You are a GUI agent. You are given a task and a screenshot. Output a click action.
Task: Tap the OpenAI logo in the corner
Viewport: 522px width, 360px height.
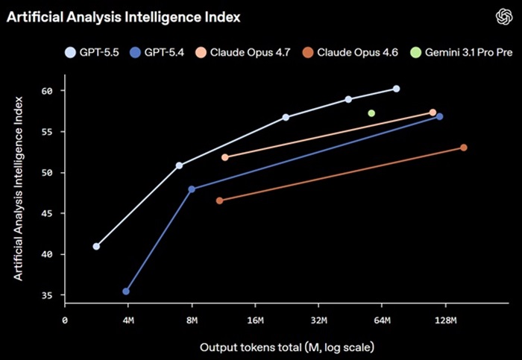pyautogui.click(x=500, y=16)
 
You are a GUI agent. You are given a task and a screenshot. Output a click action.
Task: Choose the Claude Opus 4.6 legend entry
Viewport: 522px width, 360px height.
pyautogui.click(x=353, y=53)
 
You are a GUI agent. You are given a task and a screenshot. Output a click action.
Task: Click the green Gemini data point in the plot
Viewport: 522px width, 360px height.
pyautogui.click(x=371, y=113)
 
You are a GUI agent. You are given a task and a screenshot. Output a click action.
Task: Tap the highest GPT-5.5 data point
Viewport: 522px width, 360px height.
pyautogui.click(x=396, y=89)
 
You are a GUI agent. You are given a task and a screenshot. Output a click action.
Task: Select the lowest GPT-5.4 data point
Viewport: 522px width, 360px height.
pyautogui.click(x=126, y=291)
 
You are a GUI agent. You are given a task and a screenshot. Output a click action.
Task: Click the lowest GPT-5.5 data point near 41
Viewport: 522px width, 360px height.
pyautogui.click(x=96, y=246)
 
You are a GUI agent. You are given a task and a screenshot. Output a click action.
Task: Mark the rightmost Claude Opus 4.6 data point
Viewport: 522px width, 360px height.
pyautogui.click(x=464, y=148)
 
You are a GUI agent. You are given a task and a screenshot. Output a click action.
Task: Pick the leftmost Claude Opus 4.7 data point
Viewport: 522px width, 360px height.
pyautogui.click(x=225, y=157)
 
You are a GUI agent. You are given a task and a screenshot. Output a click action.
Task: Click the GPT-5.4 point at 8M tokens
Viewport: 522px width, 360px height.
pyautogui.click(x=192, y=189)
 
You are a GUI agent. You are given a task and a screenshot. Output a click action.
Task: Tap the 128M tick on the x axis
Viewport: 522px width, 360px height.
pyautogui.click(x=445, y=321)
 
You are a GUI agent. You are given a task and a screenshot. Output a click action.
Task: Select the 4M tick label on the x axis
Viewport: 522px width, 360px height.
pyautogui.click(x=128, y=321)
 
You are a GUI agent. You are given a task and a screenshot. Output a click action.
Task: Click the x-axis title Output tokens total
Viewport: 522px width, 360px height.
pyautogui.click(x=286, y=347)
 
